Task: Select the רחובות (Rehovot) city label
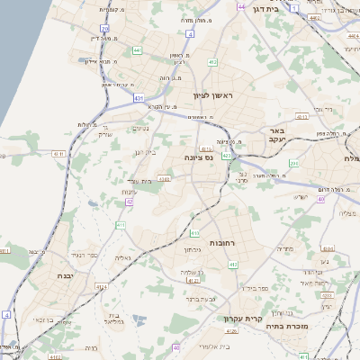(x=221, y=243)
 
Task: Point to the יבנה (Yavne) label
(x=66, y=275)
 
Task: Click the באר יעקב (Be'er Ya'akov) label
(x=275, y=135)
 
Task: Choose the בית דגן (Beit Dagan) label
(x=289, y=7)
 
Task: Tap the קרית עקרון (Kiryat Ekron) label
(x=264, y=319)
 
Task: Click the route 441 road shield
(x=138, y=50)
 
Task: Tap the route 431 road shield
(x=139, y=97)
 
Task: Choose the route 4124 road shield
(x=101, y=287)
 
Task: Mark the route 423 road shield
(x=228, y=155)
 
